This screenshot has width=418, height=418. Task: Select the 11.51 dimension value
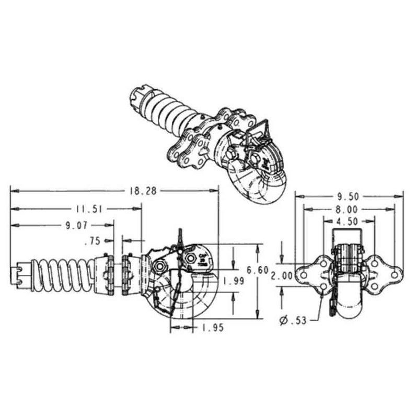(x=88, y=209)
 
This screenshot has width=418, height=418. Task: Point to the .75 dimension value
(x=92, y=241)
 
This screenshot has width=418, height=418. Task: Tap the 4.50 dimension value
(x=347, y=222)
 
